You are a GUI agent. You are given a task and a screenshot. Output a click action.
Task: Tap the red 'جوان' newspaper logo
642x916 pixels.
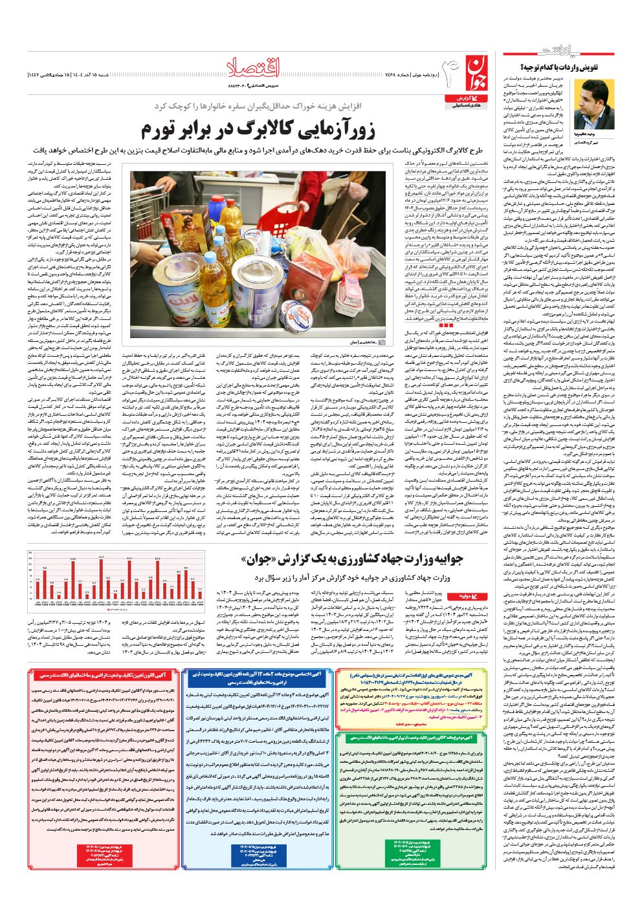[x=471, y=71]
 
